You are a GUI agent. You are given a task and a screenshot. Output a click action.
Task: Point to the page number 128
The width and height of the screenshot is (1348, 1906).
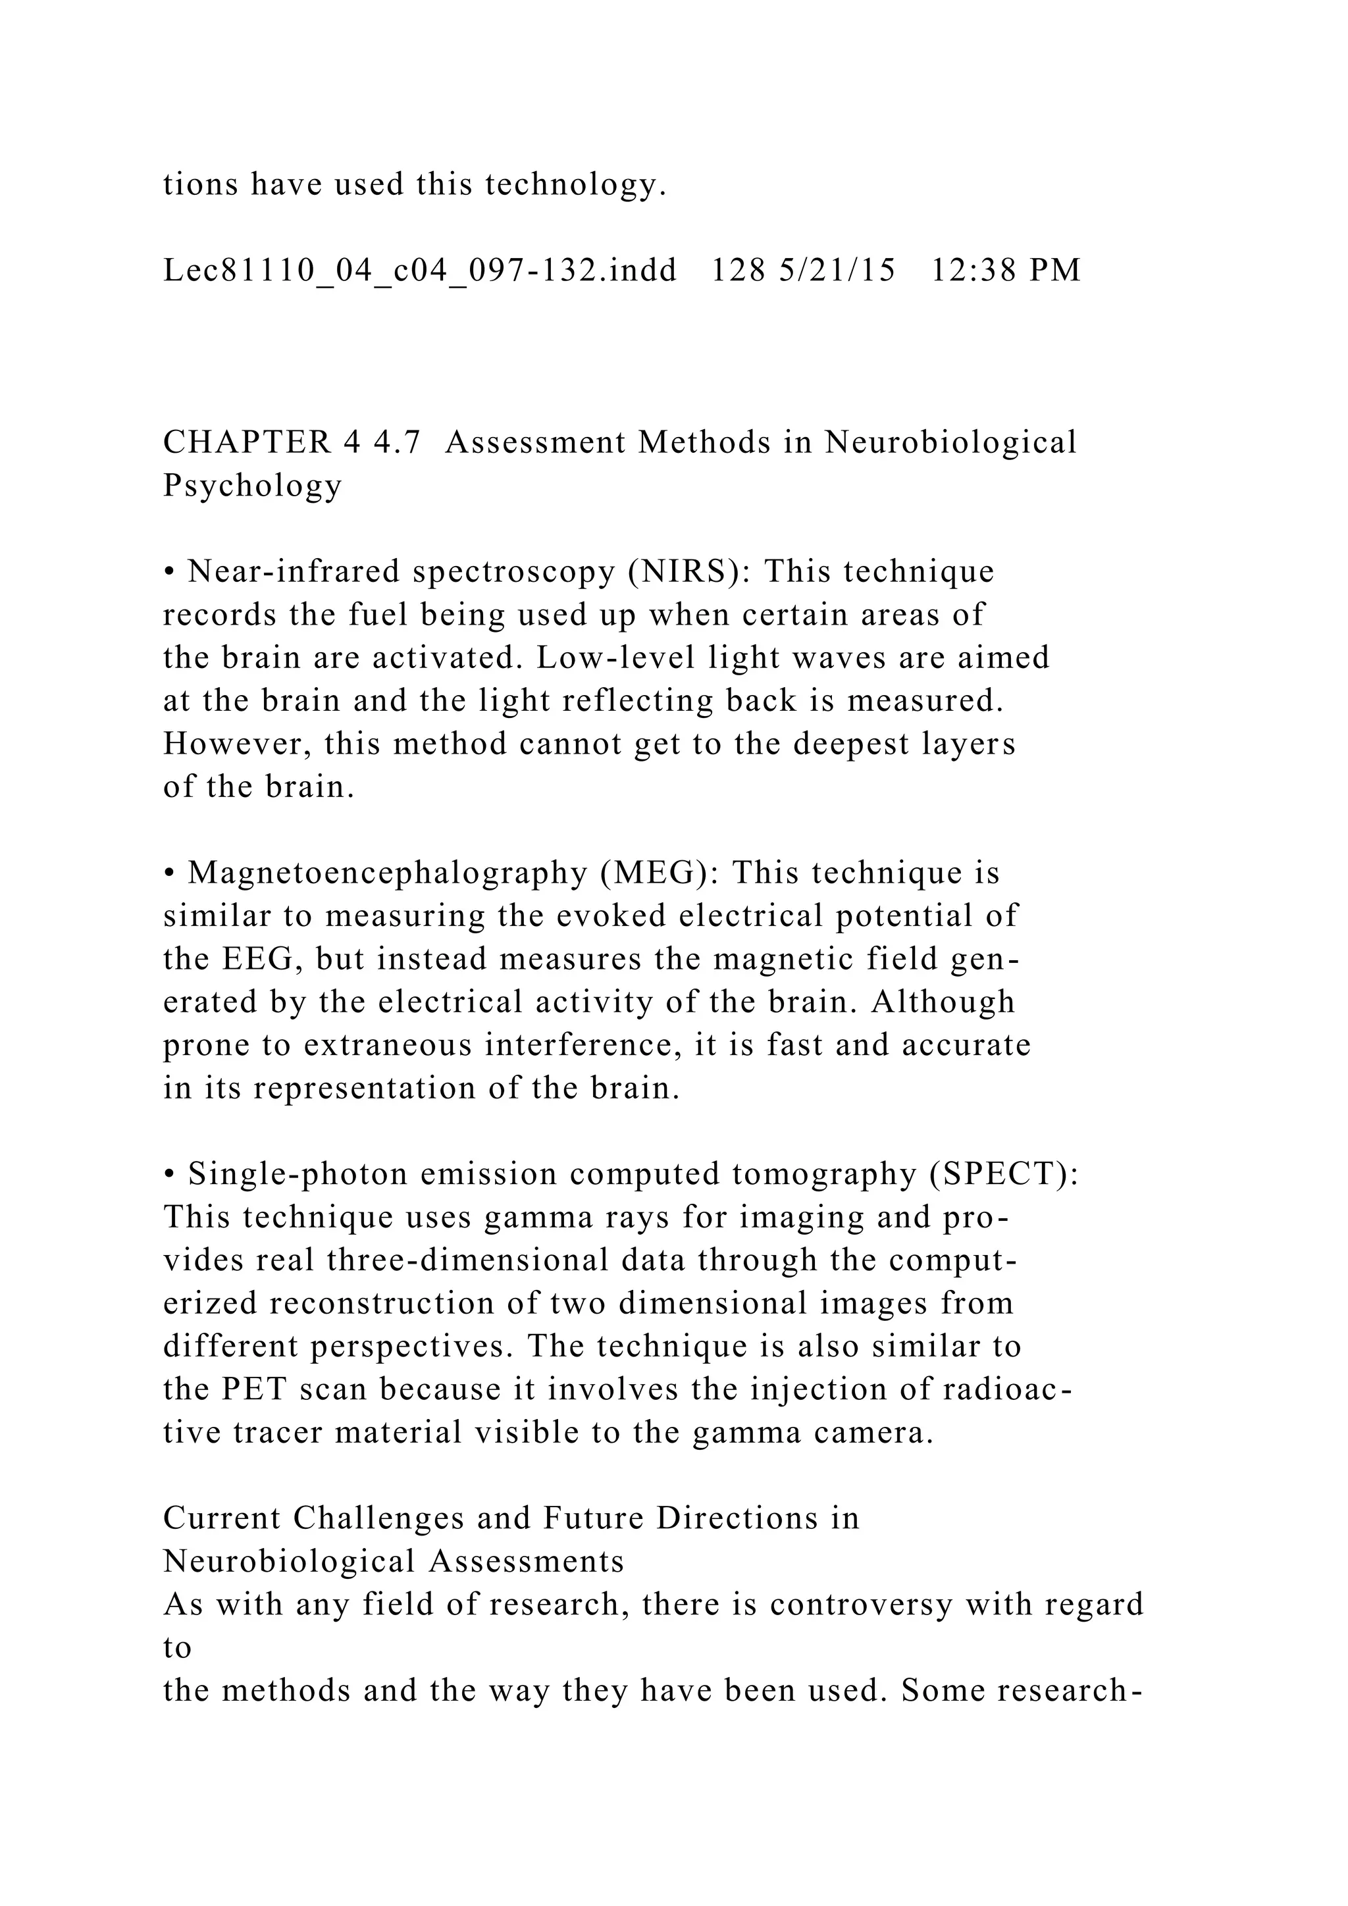click(x=738, y=270)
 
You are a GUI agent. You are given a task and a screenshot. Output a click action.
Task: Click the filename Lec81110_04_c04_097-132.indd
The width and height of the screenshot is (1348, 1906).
click(x=420, y=270)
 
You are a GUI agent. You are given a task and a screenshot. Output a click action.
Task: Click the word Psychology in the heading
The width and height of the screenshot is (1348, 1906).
click(x=252, y=486)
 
